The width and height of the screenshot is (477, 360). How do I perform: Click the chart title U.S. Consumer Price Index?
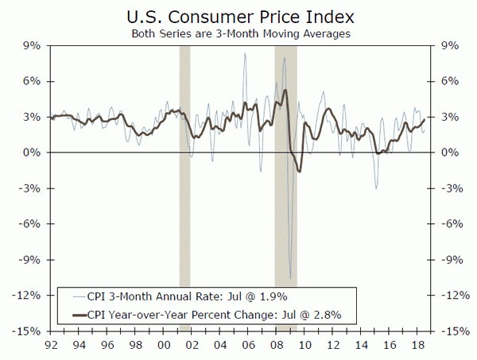click(x=238, y=15)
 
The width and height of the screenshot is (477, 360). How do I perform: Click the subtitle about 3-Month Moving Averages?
click(x=238, y=33)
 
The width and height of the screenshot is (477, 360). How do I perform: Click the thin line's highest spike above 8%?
click(x=245, y=53)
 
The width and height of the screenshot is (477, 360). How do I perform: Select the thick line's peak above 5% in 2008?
click(x=285, y=91)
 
